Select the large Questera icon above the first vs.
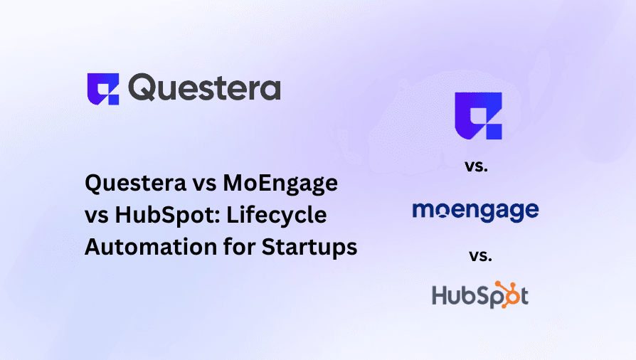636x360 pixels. coord(478,116)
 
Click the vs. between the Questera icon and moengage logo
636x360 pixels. coord(478,167)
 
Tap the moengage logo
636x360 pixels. coord(475,211)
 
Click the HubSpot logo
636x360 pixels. coord(479,294)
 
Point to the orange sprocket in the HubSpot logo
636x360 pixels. coord(509,294)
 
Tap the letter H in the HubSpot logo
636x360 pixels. coord(440,294)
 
